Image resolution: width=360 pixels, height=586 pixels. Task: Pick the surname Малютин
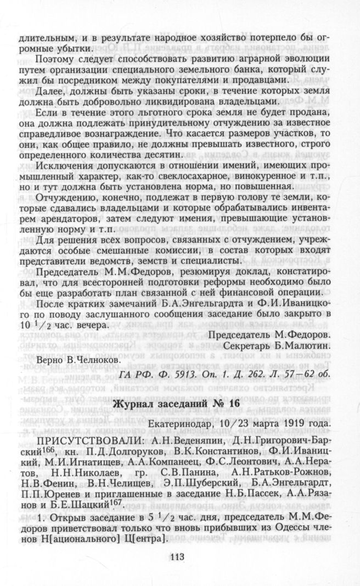[302, 345]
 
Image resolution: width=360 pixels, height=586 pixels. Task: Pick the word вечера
[91, 325]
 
